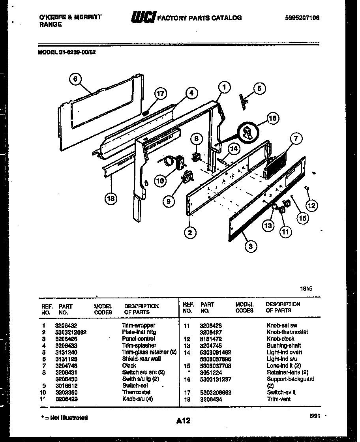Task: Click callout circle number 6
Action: (75, 79)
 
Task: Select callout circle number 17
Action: (160, 94)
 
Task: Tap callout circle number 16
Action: (273, 118)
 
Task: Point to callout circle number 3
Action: (250, 247)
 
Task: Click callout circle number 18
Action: (111, 198)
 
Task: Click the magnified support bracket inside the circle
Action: (248, 132)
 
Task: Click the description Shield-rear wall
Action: (141, 359)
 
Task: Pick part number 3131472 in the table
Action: (211, 339)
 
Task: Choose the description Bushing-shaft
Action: (283, 346)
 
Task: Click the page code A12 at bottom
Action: (183, 421)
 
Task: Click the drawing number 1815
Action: (307, 288)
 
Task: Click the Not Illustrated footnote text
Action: (65, 418)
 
